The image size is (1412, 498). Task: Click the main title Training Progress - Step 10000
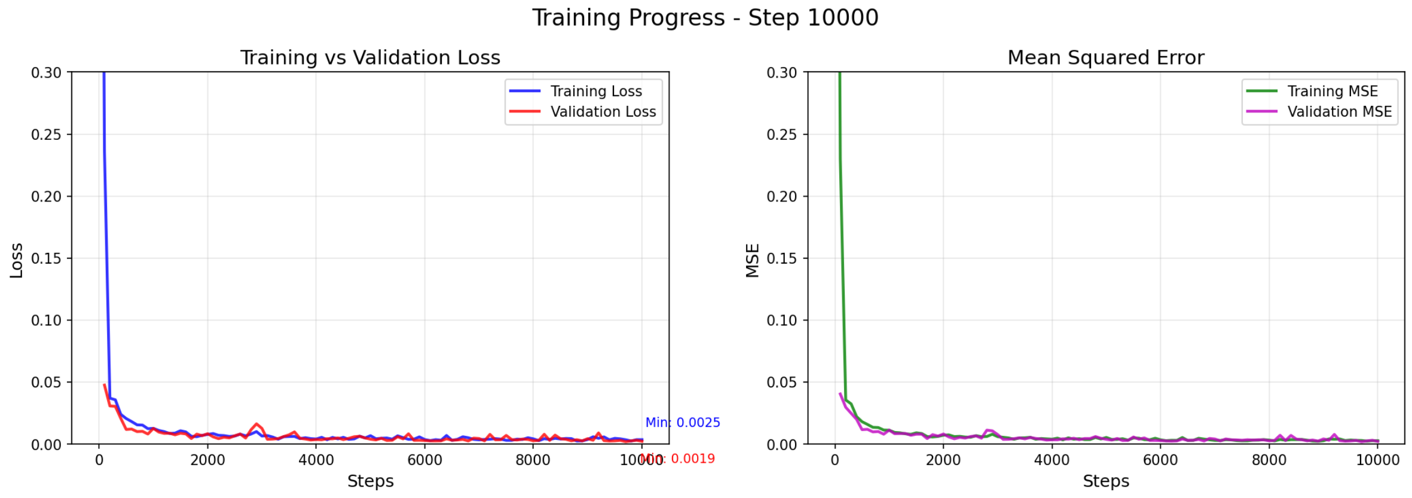coord(705,18)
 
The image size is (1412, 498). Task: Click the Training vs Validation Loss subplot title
coord(370,57)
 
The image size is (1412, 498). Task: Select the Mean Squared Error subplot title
coord(1105,57)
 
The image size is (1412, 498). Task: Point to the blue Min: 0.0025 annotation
coord(683,423)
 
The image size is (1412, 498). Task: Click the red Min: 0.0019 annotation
coord(677,459)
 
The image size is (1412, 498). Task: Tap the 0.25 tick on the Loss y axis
coord(46,135)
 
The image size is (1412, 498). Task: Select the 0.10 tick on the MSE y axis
coord(782,320)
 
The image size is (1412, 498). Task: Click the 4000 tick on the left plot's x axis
coord(316,460)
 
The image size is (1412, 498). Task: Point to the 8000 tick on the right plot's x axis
coord(1269,460)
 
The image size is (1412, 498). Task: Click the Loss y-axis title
coord(16,260)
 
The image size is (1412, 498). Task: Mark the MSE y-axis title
coord(752,260)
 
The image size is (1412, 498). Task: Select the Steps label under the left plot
coord(370,481)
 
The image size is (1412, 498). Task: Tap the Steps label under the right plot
coord(1105,481)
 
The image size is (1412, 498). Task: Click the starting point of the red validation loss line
coord(105,385)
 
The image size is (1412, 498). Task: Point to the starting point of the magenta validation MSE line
coord(840,394)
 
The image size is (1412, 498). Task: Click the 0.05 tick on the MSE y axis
coord(782,382)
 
